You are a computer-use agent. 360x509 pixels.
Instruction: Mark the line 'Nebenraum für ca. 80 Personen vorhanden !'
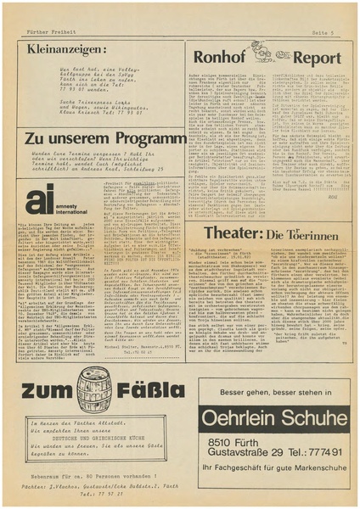[x=95, y=479]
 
